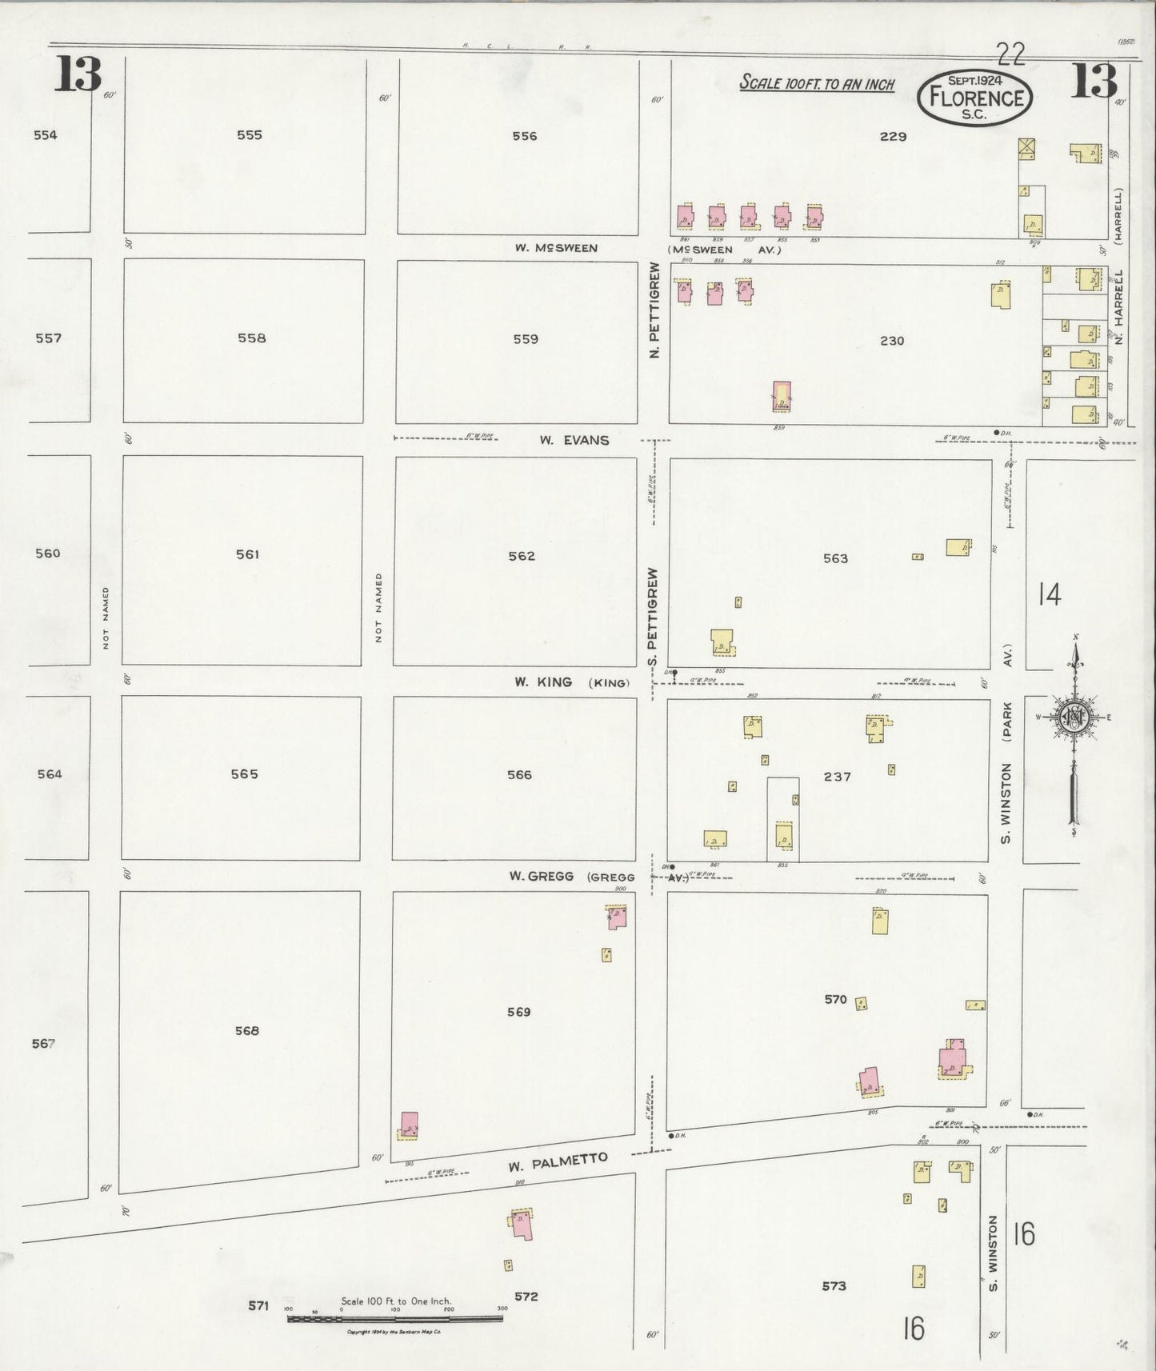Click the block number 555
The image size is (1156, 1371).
coord(250,135)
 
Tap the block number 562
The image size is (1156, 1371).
coord(522,556)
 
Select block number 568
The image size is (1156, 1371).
coord(247,1030)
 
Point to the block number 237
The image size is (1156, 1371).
coord(837,776)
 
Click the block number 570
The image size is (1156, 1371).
coord(835,999)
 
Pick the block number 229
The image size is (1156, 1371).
coord(893,137)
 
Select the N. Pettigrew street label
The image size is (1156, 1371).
coord(654,310)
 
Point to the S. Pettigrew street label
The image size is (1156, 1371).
coord(653,618)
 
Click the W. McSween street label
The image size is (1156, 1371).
coord(556,248)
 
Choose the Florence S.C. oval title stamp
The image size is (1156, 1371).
coord(975,98)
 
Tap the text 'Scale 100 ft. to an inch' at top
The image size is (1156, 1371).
coord(817,83)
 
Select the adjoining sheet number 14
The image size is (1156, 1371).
coord(1049,594)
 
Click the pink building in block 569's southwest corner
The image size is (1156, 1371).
coord(409,1123)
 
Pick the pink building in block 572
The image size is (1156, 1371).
coord(523,1224)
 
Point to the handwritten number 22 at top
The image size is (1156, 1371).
coord(1011,54)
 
